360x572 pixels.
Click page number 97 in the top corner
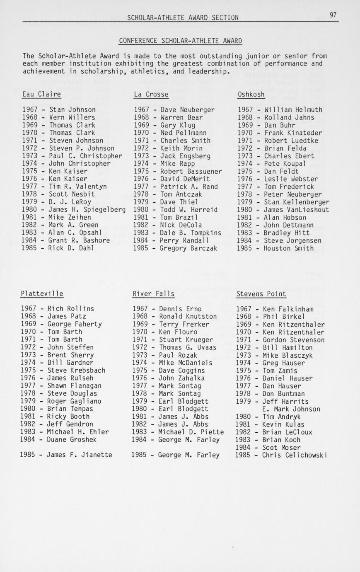tap(333, 15)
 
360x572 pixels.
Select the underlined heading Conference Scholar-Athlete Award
tap(180, 41)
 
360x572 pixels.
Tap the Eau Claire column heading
tap(41, 94)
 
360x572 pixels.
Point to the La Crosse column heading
tap(151, 94)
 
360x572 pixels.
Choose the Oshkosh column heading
tap(251, 95)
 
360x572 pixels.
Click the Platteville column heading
tap(42, 294)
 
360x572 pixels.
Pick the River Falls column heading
tap(153, 294)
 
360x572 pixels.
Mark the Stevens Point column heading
tap(261, 294)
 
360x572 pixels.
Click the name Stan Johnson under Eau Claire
tap(72, 110)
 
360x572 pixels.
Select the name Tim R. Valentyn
tap(78, 187)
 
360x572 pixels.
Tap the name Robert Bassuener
tap(191, 171)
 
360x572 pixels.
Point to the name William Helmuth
tap(293, 110)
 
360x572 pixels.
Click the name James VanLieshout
tap(297, 210)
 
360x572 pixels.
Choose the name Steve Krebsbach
tap(76, 370)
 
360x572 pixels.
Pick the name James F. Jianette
tap(79, 455)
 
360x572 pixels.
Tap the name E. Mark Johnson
tap(291, 409)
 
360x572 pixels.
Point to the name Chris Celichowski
tap(295, 455)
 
